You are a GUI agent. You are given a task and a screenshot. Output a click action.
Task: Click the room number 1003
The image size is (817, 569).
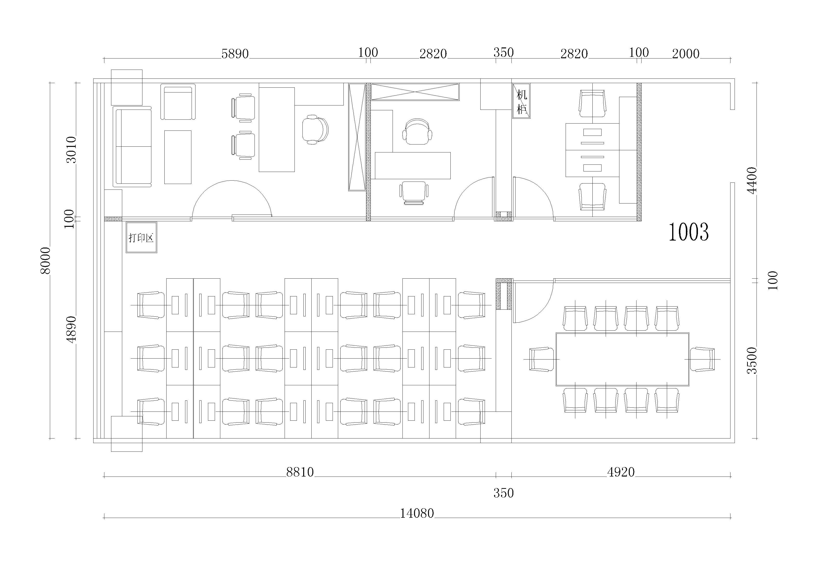tap(689, 232)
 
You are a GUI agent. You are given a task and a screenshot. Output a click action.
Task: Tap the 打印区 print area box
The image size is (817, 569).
tap(141, 237)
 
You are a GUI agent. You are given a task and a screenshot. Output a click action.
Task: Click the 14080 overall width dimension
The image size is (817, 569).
tap(417, 513)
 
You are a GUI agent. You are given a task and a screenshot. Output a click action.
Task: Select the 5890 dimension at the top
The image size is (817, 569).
tap(235, 54)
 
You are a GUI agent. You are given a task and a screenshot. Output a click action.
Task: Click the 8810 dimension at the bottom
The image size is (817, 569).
tap(300, 472)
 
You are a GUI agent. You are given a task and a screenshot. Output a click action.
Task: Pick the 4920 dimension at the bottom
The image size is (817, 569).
tap(621, 472)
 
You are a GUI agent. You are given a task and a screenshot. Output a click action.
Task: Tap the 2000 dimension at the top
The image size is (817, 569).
tap(686, 54)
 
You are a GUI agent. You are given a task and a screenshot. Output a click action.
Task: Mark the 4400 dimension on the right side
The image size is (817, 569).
tap(752, 180)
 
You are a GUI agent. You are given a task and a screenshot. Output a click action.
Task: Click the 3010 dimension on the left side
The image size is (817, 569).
tap(71, 150)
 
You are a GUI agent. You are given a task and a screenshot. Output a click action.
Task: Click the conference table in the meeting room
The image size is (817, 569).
tap(622, 359)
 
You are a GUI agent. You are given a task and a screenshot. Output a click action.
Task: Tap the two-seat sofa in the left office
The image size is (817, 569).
tap(132, 146)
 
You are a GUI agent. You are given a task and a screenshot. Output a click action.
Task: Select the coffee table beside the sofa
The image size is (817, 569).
tap(178, 157)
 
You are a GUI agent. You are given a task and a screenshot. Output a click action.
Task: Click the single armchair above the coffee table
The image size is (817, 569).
tap(178, 102)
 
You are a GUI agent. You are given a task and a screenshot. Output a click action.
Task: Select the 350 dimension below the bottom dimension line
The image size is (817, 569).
tap(503, 493)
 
